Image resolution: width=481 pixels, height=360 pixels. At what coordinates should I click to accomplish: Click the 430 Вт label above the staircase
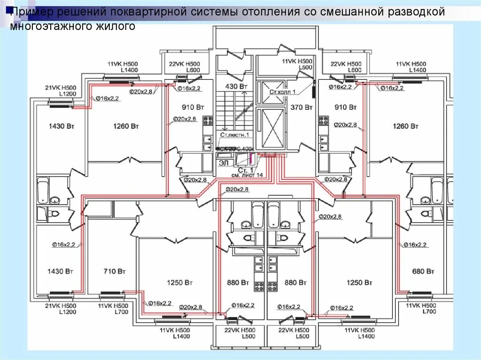236,87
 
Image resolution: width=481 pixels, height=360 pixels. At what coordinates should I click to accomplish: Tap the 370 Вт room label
301,107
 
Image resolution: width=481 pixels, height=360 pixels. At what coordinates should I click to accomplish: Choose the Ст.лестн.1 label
234,135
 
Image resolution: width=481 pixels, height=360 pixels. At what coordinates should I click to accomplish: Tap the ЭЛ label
224,162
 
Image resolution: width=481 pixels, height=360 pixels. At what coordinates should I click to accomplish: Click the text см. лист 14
247,175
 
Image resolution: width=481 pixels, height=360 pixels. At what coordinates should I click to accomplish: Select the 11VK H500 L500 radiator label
297,64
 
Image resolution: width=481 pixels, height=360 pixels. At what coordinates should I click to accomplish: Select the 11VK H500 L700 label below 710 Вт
111,308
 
